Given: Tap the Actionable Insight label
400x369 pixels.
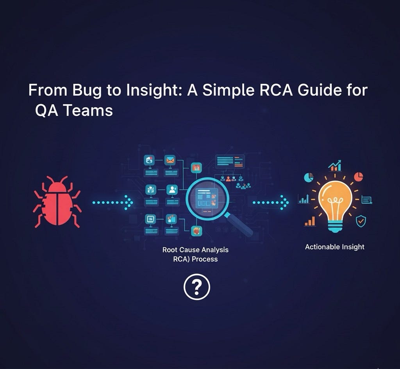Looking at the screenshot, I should coord(334,247).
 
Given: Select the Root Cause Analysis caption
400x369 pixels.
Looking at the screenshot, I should coord(195,254).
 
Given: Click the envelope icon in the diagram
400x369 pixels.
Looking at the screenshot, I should coord(170,160).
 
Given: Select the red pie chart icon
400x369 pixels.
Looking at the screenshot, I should coord(358,176).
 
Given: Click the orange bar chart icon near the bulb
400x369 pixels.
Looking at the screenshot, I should coord(309,222).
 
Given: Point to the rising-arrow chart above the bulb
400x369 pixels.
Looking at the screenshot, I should coord(334,166).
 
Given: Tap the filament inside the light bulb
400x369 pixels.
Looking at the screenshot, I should coord(334,202).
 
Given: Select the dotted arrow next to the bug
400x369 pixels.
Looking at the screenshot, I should coord(112,202).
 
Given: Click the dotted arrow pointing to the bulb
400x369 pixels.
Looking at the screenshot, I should coord(271,202).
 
